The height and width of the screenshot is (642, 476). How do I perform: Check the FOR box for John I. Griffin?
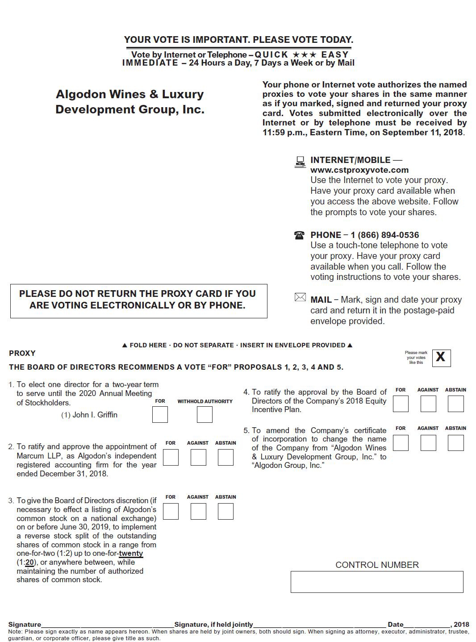coord(160,415)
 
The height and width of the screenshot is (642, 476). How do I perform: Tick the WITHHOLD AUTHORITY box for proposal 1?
coord(205,415)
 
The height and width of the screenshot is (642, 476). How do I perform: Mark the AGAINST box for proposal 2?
coord(198,457)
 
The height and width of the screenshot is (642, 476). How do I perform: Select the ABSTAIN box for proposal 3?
coord(225,511)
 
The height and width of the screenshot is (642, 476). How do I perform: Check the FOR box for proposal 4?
coord(401,404)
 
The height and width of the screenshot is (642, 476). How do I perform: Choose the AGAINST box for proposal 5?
coord(428,443)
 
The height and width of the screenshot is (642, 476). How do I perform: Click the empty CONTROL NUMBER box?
coord(377,582)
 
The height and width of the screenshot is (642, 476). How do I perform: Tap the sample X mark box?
coord(441,358)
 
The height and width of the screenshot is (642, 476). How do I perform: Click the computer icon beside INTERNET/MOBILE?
coord(300,162)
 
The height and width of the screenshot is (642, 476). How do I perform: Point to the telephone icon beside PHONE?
coord(299,235)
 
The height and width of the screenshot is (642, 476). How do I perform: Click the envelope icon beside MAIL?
coord(300,297)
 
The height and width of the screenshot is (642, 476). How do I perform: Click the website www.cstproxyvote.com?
coord(359,170)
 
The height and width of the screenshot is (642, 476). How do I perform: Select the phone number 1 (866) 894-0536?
coord(384,235)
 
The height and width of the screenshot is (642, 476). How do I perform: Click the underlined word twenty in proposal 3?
coord(131,554)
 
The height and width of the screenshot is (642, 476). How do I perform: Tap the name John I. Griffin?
coord(95,415)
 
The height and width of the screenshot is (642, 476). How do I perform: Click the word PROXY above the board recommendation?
coord(22,353)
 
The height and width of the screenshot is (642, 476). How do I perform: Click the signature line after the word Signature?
coord(107,625)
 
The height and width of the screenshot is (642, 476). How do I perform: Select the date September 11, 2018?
coord(423,133)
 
